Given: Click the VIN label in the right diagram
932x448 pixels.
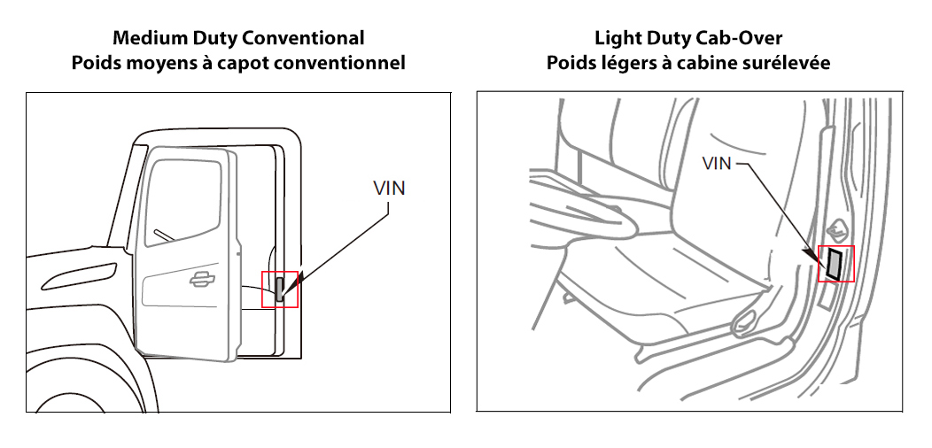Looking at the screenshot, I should pos(716,163).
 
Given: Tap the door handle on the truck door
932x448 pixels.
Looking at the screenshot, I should pos(204,280).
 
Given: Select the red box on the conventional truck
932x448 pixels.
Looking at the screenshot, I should pos(280,289).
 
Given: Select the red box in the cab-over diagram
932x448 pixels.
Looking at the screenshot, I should pos(835,264).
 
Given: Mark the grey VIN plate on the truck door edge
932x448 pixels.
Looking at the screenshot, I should pos(280,290).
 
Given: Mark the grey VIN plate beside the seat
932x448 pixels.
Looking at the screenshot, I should pos(835,263).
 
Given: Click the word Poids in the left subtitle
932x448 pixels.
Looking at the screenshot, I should pos(97,63).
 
